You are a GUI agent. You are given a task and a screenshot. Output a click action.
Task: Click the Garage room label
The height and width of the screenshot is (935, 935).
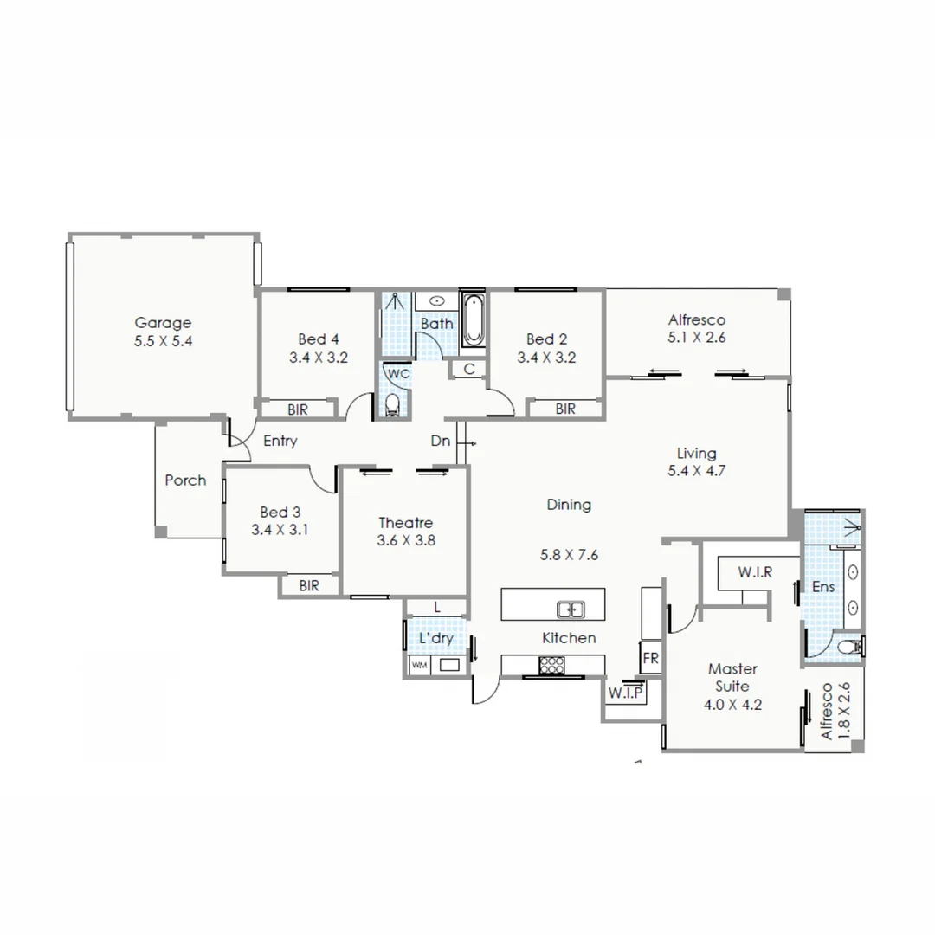click(x=163, y=324)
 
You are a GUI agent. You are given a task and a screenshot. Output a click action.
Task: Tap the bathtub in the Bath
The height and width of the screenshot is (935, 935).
click(x=474, y=319)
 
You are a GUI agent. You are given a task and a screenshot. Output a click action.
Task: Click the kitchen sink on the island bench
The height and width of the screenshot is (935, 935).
click(x=570, y=609)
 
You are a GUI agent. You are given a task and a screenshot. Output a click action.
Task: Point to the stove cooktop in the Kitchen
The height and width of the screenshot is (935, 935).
click(x=551, y=665)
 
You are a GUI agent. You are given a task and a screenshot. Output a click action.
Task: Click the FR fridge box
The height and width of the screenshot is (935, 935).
click(x=650, y=659)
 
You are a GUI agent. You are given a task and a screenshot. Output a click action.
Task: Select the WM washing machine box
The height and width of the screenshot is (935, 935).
click(x=419, y=666)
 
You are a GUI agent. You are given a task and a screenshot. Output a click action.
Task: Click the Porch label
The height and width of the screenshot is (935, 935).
click(x=185, y=480)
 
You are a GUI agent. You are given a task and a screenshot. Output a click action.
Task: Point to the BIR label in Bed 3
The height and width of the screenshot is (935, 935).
click(x=309, y=586)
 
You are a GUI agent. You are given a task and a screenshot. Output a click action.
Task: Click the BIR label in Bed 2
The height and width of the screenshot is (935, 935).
click(x=565, y=409)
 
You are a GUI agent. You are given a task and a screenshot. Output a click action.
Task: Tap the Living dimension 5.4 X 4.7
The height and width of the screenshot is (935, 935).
click(x=696, y=472)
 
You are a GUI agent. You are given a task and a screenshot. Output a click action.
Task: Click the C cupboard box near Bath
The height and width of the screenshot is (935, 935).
click(x=468, y=370)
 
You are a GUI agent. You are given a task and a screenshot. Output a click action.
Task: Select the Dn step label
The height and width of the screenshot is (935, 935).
click(x=441, y=442)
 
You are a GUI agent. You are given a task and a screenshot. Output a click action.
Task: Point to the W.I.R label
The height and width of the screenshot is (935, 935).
click(x=755, y=572)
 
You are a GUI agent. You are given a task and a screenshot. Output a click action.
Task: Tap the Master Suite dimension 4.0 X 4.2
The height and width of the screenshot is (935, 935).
click(x=732, y=704)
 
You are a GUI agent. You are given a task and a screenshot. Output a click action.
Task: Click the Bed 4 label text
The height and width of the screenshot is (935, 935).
click(x=312, y=339)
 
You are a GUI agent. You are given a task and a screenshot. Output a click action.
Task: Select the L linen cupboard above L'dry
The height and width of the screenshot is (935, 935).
click(x=437, y=608)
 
